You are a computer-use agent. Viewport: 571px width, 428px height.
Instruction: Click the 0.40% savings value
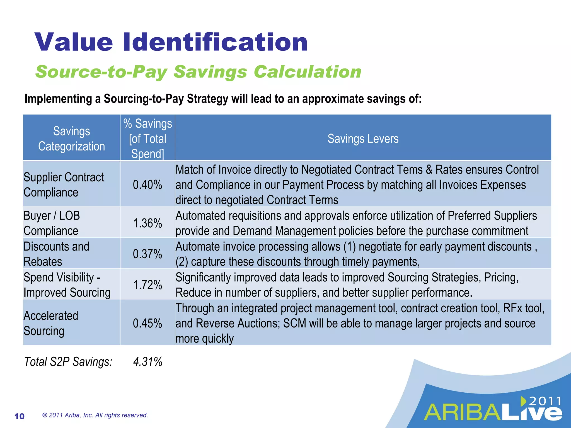point(147,184)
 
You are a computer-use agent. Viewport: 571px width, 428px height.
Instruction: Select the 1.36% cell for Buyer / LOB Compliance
point(147,223)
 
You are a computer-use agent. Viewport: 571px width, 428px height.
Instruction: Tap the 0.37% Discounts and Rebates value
point(147,254)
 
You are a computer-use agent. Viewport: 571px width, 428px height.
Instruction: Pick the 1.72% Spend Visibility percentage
point(147,285)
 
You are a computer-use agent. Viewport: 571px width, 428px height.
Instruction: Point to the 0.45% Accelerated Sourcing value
point(147,323)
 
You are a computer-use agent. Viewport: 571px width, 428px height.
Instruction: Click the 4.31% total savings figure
point(148,362)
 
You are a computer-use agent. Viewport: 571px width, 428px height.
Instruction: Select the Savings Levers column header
point(363,138)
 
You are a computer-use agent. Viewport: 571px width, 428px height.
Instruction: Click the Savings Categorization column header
point(71,138)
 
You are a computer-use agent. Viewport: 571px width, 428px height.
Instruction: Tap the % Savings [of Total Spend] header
point(147,138)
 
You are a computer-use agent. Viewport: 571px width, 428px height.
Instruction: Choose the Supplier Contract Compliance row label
point(64,184)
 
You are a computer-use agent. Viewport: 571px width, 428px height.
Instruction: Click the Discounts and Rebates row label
point(56,254)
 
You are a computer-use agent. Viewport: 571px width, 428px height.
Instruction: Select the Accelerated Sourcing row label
point(51,323)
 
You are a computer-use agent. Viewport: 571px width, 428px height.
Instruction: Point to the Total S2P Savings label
point(68,362)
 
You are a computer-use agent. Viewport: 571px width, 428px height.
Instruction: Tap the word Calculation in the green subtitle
point(307,72)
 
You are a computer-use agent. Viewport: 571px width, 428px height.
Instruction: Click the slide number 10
point(20,416)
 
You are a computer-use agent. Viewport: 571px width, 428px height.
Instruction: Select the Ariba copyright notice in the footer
point(95,415)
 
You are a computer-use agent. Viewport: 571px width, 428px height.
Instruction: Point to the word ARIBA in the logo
point(463,412)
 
